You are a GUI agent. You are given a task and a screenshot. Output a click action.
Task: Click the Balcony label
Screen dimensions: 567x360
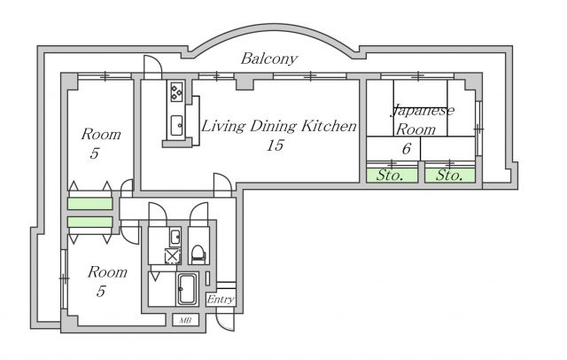tap(269, 59)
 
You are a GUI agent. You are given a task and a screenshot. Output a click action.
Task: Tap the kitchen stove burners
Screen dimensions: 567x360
tap(176, 92)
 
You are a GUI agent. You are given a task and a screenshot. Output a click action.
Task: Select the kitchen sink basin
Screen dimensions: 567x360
tap(176, 125)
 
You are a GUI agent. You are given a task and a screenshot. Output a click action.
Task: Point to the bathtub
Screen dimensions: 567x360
tap(187, 288)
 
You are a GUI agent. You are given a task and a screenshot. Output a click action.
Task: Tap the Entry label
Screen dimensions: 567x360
tap(221, 300)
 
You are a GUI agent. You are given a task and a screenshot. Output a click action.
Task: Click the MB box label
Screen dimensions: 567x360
tap(185, 320)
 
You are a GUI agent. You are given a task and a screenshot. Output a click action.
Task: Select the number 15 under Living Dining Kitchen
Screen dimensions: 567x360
tap(275, 145)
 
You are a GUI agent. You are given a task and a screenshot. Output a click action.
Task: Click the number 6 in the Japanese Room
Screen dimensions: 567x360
tap(407, 148)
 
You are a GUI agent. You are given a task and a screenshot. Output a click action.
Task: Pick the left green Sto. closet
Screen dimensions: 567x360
tap(392, 176)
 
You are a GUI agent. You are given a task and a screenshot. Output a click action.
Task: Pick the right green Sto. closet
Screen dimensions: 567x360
tap(449, 176)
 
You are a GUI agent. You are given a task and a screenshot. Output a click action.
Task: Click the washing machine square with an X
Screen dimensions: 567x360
tap(172, 255)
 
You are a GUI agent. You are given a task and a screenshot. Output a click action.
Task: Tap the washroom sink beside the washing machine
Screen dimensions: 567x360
tap(175, 237)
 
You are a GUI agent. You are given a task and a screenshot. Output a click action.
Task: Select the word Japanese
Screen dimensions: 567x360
tap(423, 111)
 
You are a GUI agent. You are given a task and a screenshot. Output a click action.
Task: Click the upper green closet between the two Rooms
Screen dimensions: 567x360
tap(90, 204)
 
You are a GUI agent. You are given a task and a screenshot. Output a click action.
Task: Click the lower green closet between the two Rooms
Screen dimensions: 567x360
tap(90, 223)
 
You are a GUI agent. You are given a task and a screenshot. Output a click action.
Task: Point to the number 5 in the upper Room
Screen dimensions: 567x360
tap(95, 153)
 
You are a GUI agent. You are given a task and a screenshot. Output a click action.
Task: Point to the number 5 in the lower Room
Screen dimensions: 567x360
tap(101, 291)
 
